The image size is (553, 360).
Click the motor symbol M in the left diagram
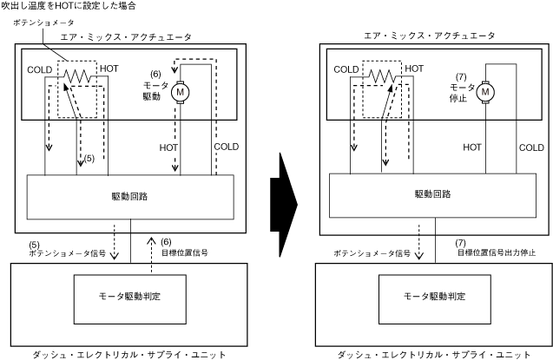(x=181, y=91)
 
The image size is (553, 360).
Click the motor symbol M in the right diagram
(x=484, y=91)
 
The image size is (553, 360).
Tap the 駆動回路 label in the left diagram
(x=131, y=196)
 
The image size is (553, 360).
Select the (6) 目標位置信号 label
(x=184, y=248)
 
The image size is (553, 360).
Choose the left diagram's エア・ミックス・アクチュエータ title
(x=131, y=37)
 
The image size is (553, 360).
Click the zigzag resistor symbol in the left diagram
(x=77, y=78)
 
